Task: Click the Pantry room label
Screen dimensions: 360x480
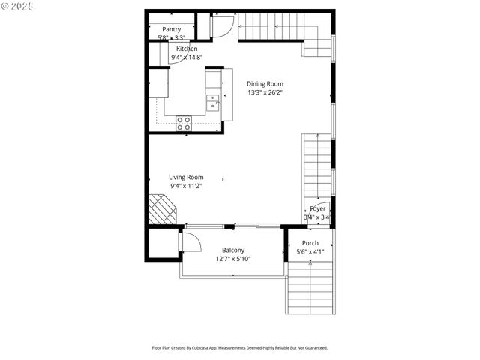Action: (171, 29)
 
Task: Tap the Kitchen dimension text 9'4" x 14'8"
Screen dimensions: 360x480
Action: (187, 57)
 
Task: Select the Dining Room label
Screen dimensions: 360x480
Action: (265, 84)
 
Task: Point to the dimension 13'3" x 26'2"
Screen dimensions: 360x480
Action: (265, 93)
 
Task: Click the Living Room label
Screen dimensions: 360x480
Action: (186, 177)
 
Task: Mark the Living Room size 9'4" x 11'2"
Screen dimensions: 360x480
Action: (186, 186)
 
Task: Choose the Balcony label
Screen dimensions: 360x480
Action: (233, 250)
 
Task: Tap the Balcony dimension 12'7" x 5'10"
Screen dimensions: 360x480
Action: (233, 259)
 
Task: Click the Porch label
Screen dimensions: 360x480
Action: (310, 244)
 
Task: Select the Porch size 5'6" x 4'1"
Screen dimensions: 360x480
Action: (310, 252)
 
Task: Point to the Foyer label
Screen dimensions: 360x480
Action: (318, 209)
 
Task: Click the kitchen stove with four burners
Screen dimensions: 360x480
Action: (184, 124)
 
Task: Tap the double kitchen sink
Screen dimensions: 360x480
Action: (214, 101)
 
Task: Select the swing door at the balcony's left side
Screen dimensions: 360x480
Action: (189, 241)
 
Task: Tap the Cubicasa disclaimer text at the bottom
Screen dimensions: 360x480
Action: (240, 348)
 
